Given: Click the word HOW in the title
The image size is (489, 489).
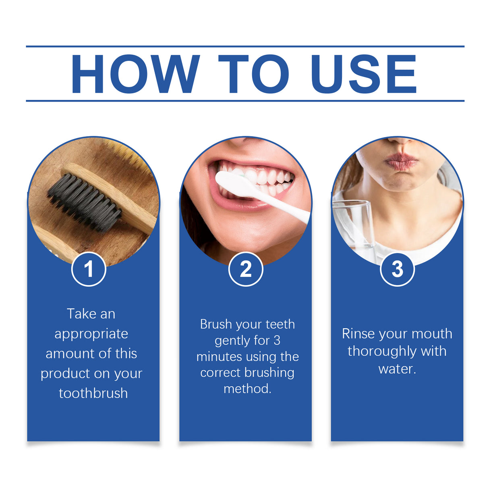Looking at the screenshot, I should coord(135,74).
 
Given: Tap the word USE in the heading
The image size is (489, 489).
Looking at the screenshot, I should coord(364,74).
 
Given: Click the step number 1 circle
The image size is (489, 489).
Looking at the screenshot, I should coord(89,269).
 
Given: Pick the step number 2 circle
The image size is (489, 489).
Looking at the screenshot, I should coord(246,269).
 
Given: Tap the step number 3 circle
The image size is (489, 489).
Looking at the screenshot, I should coord(397,269).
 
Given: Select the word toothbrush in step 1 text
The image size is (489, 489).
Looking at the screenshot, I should coord(93,393).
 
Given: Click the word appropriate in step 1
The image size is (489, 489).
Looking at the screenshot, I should coord(91,334).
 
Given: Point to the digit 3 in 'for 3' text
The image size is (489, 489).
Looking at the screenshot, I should coord(277,341).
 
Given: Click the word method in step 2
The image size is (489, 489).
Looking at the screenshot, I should coord(247,389).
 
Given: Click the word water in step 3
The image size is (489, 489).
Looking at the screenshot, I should coord(396,369).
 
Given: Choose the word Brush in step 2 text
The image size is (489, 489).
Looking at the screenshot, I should coord(216,324).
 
